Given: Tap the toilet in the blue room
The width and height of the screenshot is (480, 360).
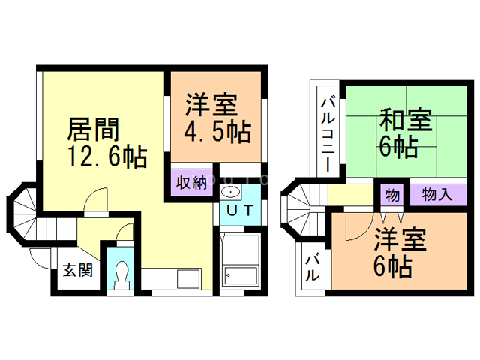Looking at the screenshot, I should coord(120,273).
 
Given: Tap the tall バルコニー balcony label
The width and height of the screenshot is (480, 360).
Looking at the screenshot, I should coord(328,132).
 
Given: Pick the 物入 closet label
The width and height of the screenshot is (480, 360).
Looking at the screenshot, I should coord(436,195).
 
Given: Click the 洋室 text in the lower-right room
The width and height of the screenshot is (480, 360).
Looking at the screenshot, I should coord(400,241).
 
